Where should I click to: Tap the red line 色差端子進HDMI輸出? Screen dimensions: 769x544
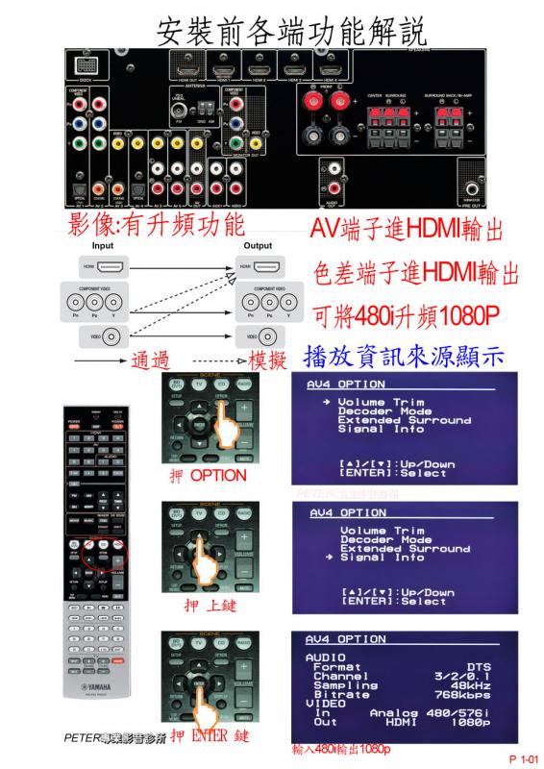[411, 274]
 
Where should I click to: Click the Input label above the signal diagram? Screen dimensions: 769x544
[102, 246]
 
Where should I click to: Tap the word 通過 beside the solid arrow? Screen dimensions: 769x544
[150, 360]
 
